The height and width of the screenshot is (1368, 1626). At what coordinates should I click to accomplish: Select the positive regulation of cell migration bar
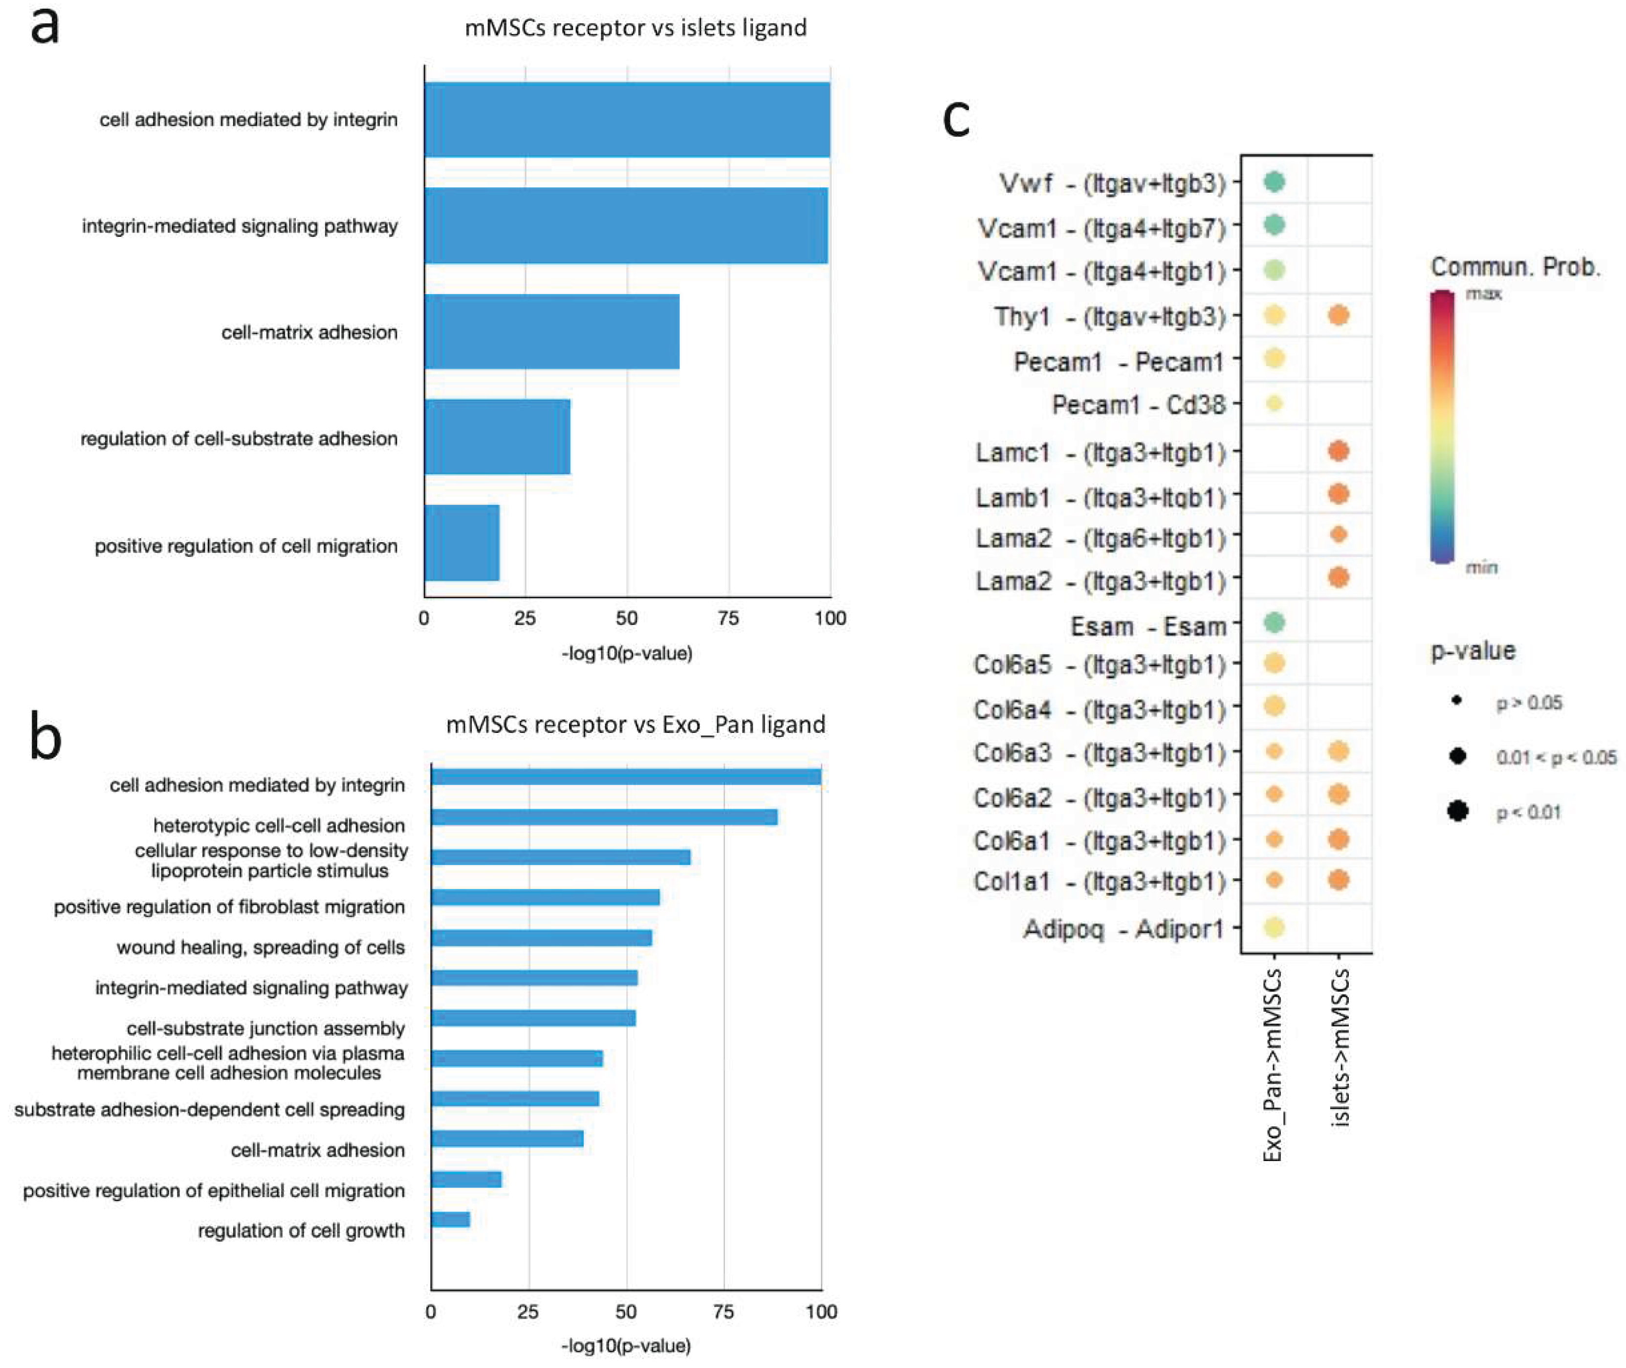pos(462,543)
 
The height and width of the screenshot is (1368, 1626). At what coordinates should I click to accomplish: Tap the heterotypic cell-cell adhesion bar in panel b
pos(604,817)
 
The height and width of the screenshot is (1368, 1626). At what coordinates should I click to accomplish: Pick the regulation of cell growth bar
pos(450,1219)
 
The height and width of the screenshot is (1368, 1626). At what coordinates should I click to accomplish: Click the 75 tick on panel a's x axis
pos(728,618)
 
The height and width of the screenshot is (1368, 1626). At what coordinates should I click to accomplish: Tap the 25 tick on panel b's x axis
pos(528,1311)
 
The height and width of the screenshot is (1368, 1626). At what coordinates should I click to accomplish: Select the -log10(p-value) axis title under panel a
pos(626,654)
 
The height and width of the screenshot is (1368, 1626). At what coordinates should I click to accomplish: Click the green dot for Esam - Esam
pos(1274,622)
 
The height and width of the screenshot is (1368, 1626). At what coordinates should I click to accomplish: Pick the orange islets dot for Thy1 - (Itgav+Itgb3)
pos(1339,315)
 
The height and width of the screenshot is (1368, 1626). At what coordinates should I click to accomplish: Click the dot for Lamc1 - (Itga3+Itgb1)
pos(1339,451)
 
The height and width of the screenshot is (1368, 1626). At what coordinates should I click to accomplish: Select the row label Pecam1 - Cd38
pos(1138,405)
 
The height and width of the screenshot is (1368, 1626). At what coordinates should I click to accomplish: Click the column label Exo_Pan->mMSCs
pos(1273,1065)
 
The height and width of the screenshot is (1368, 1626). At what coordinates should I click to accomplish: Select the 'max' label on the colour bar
pos(1483,294)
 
